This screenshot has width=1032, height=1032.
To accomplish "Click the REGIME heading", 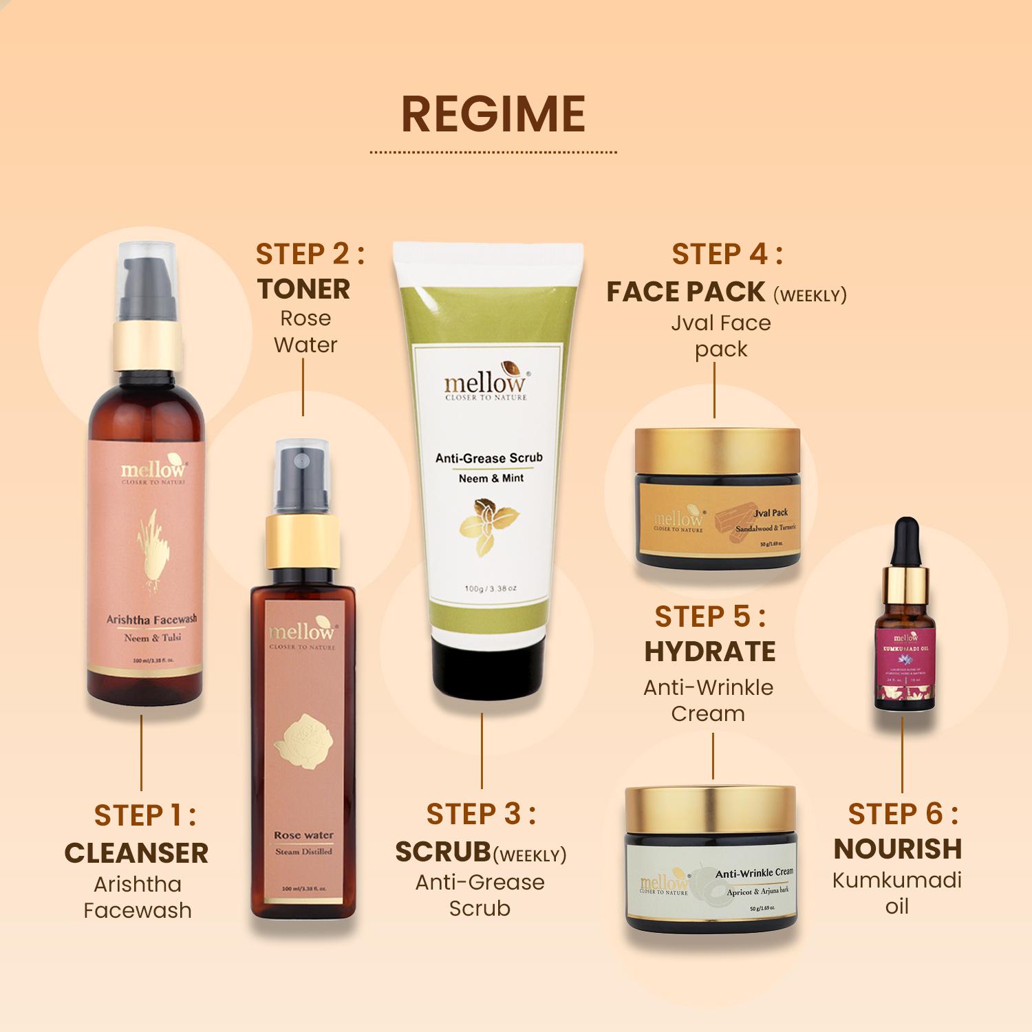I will click(493, 114).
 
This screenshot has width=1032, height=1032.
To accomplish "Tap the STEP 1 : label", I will click(144, 815).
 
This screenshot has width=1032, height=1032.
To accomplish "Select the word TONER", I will click(303, 289).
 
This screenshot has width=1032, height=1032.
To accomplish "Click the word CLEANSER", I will click(136, 853).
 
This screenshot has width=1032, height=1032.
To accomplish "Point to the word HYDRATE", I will click(710, 652).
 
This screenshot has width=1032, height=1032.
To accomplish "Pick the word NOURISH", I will click(897, 848).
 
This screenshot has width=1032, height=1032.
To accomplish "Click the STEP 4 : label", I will click(727, 254).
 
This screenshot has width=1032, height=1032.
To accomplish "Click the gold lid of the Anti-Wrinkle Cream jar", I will click(710, 809).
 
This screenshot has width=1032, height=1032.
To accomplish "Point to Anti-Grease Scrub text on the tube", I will click(488, 458).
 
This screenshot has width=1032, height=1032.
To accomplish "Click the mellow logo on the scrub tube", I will click(485, 384).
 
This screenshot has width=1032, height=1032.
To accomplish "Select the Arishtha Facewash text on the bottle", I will click(151, 619).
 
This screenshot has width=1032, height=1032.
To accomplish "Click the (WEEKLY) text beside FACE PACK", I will click(810, 295).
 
